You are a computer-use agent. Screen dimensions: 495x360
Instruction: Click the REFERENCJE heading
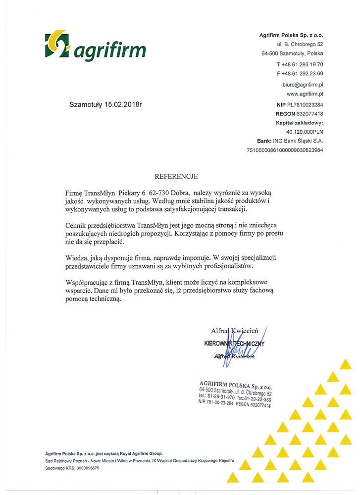tap(177, 176)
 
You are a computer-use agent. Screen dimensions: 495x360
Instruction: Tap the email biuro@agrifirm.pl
tap(303, 85)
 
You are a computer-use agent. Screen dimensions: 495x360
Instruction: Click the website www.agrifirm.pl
tap(305, 94)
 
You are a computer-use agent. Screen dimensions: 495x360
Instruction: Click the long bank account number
tap(285, 150)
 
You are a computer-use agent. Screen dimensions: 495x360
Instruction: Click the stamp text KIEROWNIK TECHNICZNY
tap(235, 344)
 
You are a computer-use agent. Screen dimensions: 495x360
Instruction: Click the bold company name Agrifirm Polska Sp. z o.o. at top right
tap(291, 35)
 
